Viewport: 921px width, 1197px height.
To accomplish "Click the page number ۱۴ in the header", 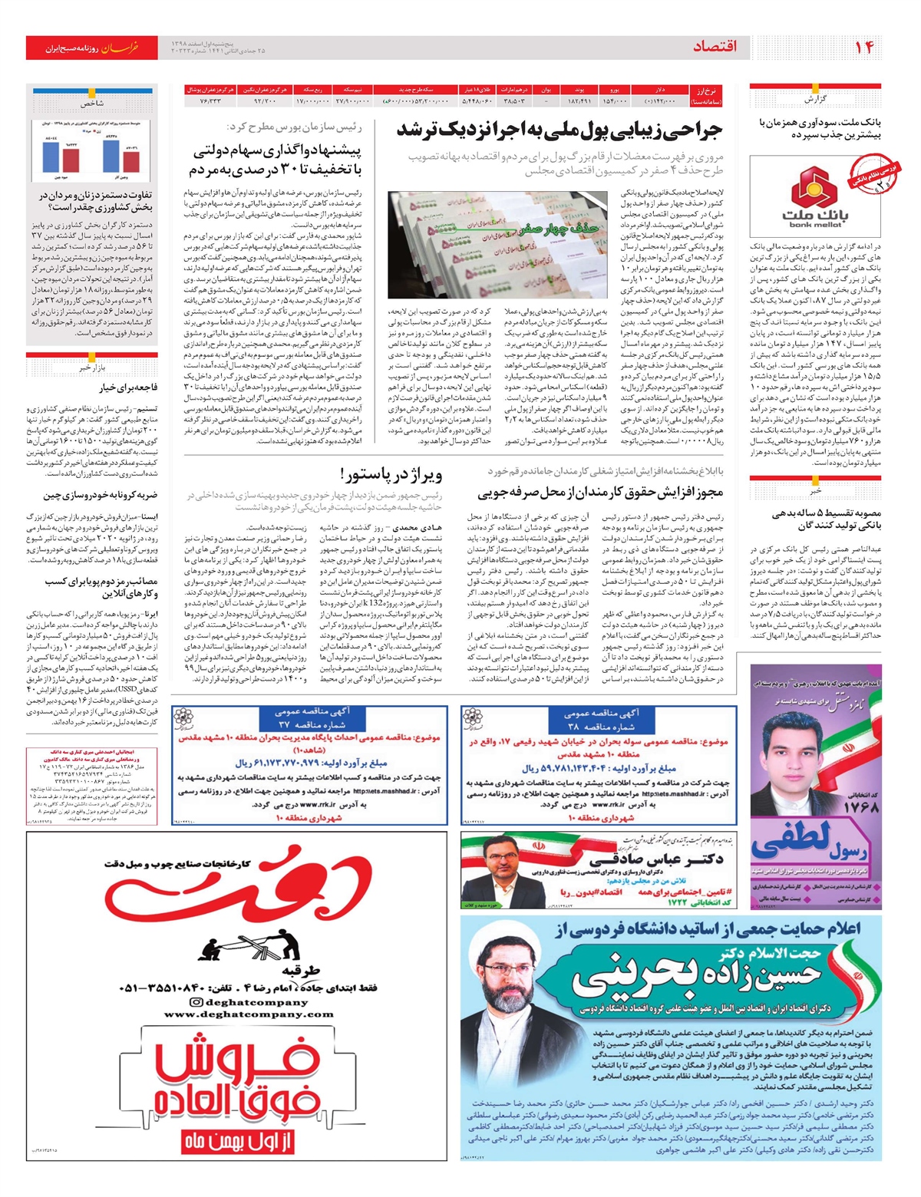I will (864, 48).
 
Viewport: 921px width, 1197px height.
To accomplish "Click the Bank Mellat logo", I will (815, 196).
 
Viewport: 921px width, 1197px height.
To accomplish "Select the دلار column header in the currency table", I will (661, 90).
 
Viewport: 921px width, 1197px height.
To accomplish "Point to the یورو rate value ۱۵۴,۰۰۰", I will (615, 101).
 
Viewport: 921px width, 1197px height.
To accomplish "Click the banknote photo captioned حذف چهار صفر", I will (500, 245).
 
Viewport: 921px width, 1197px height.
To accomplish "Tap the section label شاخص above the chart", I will (91, 103).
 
